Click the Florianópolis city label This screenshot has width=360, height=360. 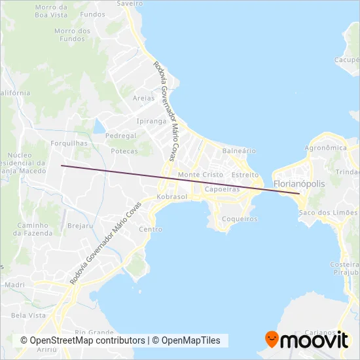[298, 185]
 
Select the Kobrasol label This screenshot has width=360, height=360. [172, 196]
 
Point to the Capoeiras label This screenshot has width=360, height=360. [221, 189]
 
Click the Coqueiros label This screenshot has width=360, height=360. [240, 219]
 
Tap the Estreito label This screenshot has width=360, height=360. [245, 175]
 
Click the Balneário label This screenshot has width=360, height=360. [239, 151]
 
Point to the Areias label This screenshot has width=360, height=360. [143, 98]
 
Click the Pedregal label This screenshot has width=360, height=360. [120, 135]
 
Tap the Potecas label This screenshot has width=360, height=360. [124, 151]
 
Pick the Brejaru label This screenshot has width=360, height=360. [79, 225]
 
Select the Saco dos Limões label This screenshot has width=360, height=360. [328, 213]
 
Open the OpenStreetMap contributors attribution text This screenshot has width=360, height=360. [82, 340]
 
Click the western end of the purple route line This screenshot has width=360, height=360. [62, 166]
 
